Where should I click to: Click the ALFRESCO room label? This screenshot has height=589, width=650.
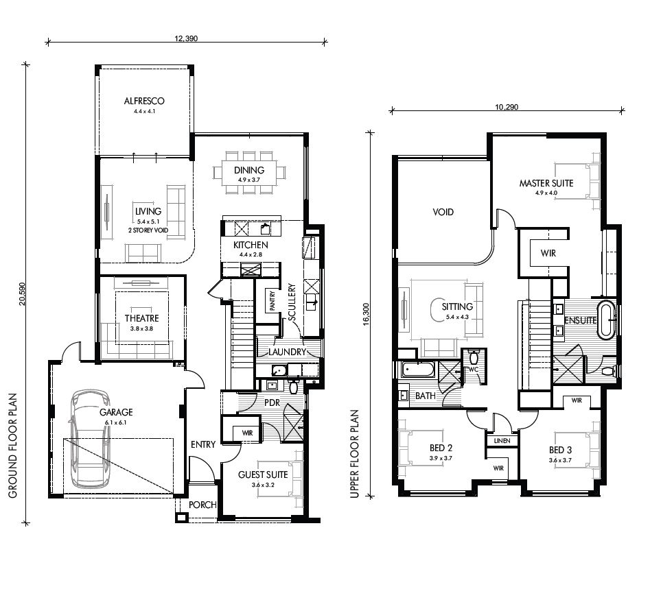144,101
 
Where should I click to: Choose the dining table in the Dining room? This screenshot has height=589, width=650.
251,171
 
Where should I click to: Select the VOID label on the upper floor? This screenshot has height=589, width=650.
443,212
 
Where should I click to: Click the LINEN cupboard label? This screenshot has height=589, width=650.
502,440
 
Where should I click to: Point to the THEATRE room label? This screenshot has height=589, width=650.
142,318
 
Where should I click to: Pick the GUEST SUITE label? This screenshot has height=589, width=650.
262,475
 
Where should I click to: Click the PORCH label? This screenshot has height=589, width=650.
203,505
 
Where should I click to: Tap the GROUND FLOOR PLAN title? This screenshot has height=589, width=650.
12,444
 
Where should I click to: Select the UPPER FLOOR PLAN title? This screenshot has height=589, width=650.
355,454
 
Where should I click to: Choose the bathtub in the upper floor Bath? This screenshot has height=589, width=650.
417,370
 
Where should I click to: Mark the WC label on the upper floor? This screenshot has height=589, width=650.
472,370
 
